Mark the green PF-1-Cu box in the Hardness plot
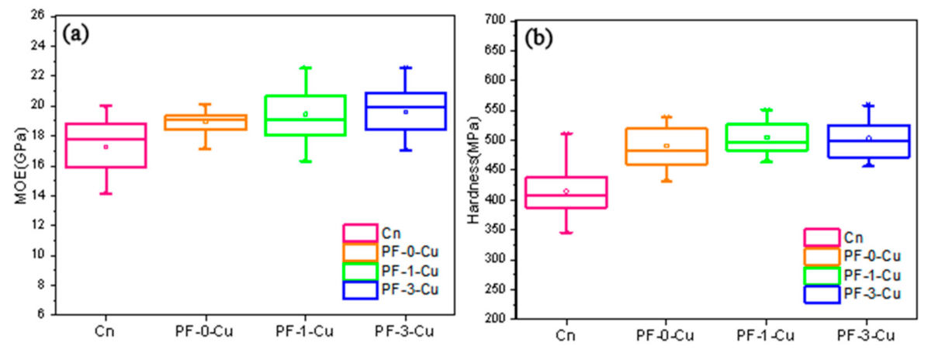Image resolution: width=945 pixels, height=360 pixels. pyautogui.click(x=766, y=137)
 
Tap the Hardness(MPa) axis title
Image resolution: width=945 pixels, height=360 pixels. pyautogui.click(x=473, y=168)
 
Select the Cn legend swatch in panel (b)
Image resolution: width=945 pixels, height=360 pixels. pyautogui.click(x=821, y=237)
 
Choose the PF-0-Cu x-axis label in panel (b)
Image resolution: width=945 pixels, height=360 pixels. pyautogui.click(x=666, y=336)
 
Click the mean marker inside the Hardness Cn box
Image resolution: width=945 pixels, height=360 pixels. pyautogui.click(x=566, y=191)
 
